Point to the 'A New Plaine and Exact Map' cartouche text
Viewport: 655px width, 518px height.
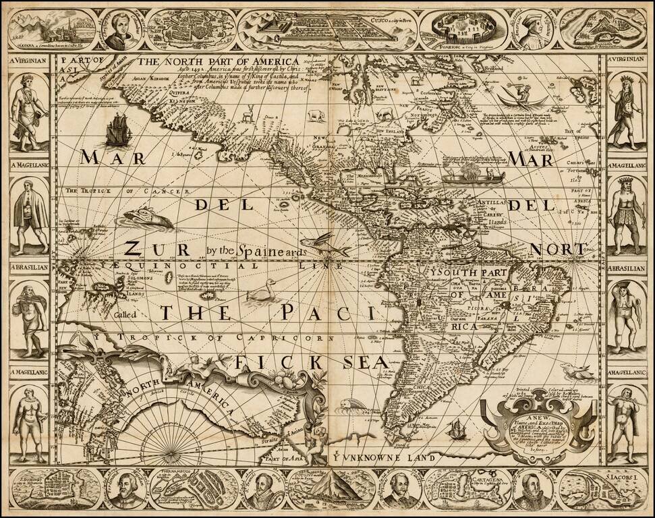point(538,429)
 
